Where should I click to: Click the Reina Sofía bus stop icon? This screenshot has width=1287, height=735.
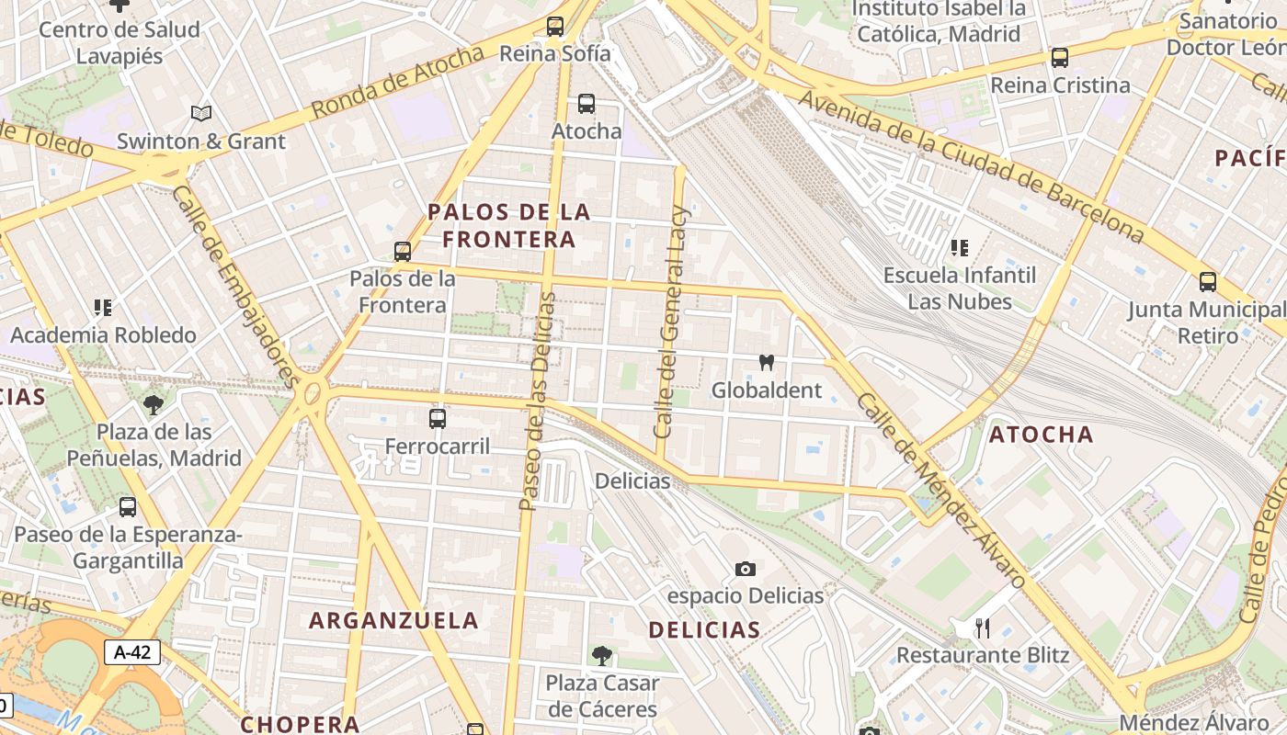click(x=554, y=27)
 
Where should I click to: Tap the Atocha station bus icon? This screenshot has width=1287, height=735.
click(x=586, y=104)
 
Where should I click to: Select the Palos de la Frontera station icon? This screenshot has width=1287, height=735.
click(x=402, y=251)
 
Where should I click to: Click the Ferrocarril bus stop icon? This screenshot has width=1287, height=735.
click(x=438, y=419)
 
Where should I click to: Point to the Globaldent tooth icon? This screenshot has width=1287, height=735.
click(x=765, y=363)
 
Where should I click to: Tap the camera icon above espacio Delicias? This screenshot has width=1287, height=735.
click(x=746, y=570)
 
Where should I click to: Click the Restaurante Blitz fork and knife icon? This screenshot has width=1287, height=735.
click(x=983, y=628)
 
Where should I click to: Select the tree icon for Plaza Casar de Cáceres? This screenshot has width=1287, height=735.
click(x=602, y=656)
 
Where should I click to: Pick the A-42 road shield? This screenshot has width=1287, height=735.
click(x=132, y=652)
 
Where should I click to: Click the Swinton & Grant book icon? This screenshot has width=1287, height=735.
click(x=201, y=114)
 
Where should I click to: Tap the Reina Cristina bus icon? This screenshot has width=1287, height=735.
click(x=1060, y=58)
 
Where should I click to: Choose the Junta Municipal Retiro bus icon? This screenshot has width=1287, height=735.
click(x=1207, y=282)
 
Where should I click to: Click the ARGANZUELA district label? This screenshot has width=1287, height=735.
click(x=393, y=620)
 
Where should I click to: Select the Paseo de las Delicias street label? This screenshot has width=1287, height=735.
click(x=538, y=401)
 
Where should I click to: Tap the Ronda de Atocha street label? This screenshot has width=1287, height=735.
click(x=397, y=82)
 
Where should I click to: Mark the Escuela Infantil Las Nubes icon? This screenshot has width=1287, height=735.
click(x=959, y=248)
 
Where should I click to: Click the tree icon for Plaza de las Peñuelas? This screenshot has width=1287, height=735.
click(x=154, y=404)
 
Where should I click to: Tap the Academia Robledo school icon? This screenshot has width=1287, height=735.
click(x=102, y=308)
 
